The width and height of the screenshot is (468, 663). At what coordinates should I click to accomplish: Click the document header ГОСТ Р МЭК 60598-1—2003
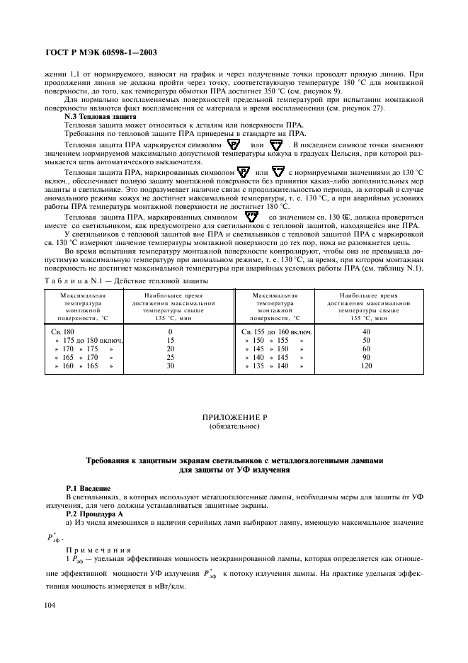point(101,52)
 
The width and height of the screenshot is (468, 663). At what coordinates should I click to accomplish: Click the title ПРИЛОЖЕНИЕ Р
point(234,419)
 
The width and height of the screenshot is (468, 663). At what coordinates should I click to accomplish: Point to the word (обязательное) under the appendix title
point(234,427)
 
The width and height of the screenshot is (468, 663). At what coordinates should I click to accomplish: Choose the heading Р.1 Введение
point(88,489)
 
